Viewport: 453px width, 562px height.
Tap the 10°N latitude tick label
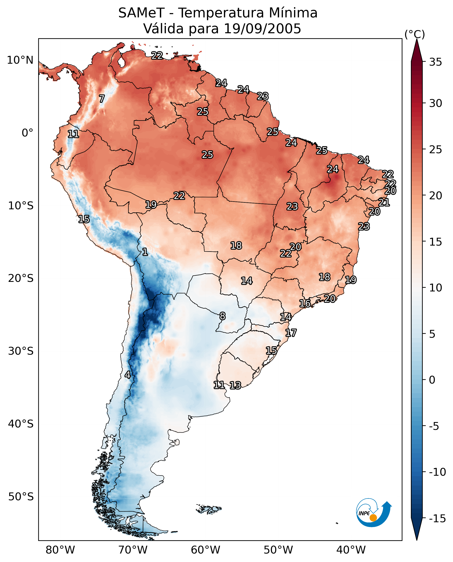pos(20,60)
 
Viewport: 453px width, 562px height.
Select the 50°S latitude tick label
pos(21,497)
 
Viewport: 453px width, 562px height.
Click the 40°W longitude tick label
pos(351,550)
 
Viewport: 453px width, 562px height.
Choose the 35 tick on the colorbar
pos(435,62)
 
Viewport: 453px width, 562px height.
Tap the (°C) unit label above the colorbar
pos(415,35)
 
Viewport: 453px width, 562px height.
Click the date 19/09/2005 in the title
pos(263,29)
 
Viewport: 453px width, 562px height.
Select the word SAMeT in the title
pos(141,13)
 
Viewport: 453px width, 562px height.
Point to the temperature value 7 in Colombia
pos(102,99)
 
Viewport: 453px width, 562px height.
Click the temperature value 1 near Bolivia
pos(145,252)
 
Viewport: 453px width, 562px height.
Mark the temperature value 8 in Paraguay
pos(222,316)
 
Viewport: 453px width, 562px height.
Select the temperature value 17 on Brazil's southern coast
pos(291,333)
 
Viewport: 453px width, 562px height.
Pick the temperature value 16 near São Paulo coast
pos(305,303)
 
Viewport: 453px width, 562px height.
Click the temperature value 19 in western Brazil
pos(151,205)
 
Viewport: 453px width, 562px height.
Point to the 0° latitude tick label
pos(27,133)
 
